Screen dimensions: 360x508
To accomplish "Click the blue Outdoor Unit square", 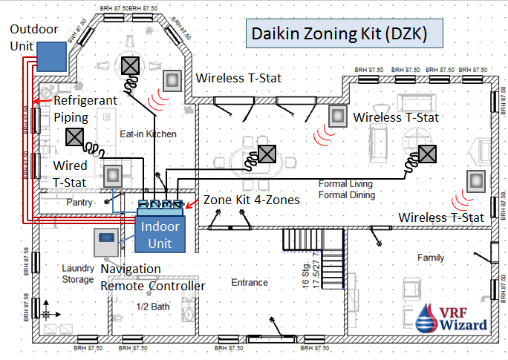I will [x=51, y=56].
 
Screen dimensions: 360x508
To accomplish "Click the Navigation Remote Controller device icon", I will [x=107, y=244].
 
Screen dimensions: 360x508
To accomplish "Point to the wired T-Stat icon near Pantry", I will [x=114, y=175].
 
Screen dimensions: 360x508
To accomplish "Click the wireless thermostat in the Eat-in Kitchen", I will [x=174, y=79].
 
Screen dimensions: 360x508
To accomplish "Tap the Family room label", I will [x=431, y=258].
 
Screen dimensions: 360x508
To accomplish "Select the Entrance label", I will [x=249, y=282].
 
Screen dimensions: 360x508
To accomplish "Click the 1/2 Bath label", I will [x=154, y=307].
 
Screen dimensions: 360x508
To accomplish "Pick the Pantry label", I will [x=79, y=202].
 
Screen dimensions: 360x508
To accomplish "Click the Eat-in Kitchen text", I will [x=149, y=134].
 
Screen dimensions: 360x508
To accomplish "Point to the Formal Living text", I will [x=345, y=183].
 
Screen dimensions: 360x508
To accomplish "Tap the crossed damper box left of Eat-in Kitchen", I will [x=74, y=137].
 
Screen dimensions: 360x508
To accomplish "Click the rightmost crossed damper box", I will [x=426, y=153].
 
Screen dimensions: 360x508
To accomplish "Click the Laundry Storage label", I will [x=78, y=274].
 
